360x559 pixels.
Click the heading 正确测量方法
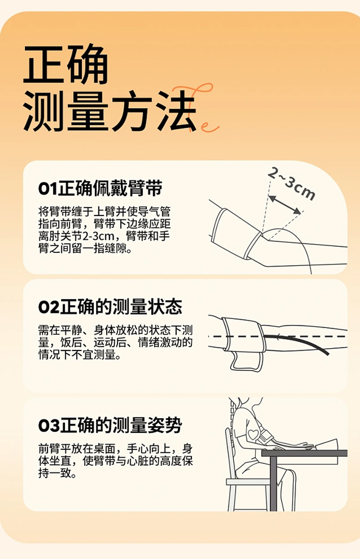click(110, 88)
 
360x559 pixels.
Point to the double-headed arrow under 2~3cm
click(285, 205)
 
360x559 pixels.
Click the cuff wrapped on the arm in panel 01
click(235, 233)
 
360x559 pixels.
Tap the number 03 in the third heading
click(49, 425)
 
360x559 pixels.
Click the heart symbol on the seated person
click(253, 434)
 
